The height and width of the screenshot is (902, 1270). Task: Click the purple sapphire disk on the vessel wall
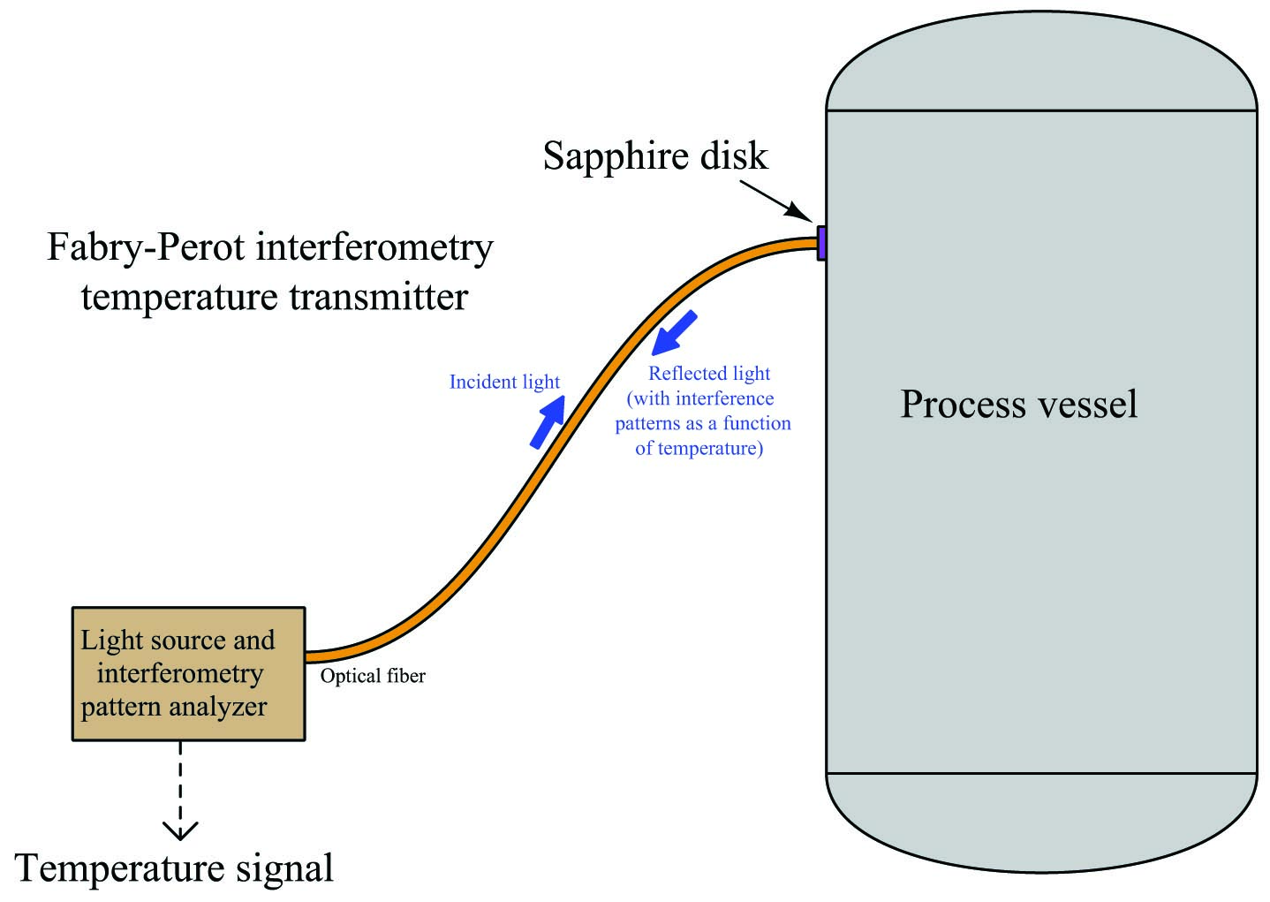821,243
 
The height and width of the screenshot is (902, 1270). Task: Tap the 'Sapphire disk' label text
655,155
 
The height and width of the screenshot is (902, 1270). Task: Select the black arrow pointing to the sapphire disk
776,201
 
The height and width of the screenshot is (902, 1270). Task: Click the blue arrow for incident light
548,422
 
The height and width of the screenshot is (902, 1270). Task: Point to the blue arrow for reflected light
674,333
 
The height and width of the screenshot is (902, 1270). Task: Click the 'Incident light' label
504,382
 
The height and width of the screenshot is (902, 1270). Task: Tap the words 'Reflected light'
709,374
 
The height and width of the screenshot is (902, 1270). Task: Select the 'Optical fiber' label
373,676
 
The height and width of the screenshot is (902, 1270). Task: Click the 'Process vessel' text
1019,404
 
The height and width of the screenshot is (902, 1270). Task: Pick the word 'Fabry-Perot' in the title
146,247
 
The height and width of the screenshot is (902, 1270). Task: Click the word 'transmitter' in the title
378,297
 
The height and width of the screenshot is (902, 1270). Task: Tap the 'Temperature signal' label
174,868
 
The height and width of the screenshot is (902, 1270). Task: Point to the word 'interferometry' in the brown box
180,673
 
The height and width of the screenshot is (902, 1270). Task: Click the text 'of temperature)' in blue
699,448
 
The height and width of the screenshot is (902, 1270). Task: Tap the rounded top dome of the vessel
1041,60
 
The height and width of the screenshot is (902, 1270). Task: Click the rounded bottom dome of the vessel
1041,823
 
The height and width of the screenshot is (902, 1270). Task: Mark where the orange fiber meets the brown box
306,657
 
